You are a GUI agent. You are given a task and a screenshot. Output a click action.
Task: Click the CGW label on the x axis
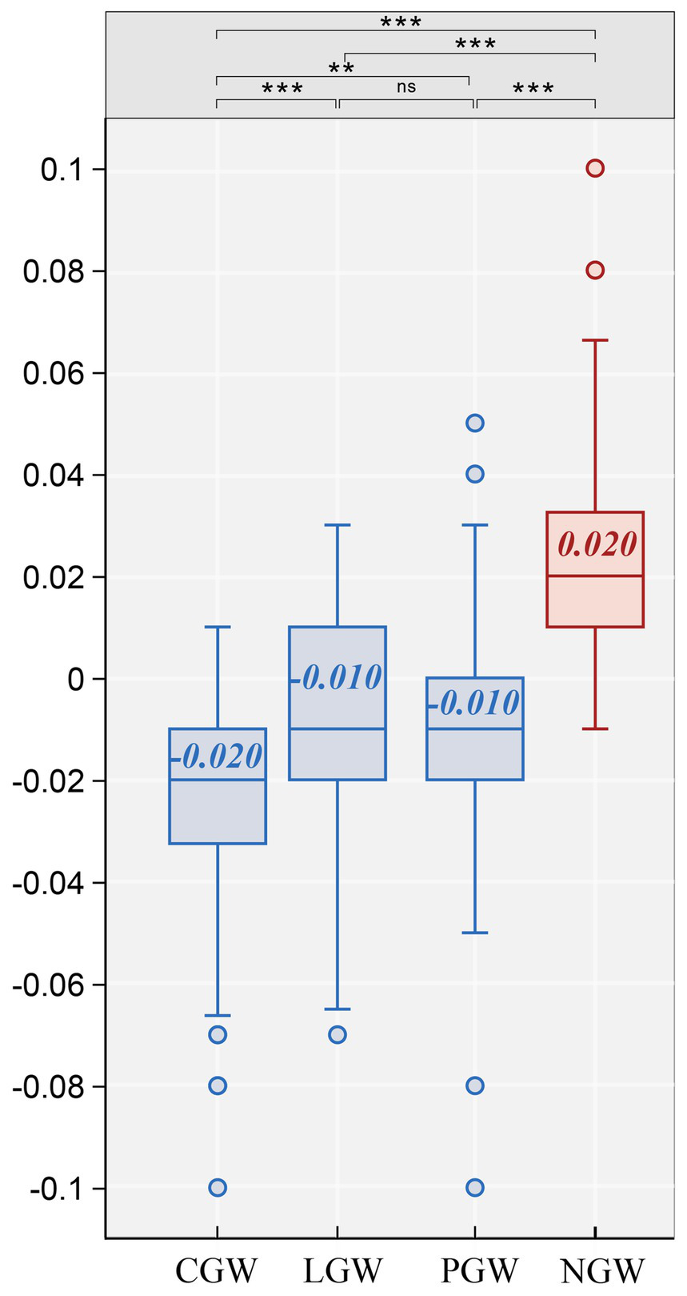coord(217,1270)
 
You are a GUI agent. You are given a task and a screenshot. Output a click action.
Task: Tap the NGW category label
coord(602,1270)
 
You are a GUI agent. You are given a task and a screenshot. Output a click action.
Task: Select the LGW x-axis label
coord(343,1270)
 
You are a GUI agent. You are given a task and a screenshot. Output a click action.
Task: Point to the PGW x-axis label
coord(480,1270)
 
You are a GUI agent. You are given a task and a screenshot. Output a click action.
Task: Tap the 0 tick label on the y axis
coord(76,680)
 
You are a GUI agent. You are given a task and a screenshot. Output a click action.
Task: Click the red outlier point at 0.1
coord(595,168)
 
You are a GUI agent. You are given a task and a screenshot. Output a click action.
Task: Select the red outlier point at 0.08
coord(595,271)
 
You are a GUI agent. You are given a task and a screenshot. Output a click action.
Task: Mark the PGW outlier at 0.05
coord(475,423)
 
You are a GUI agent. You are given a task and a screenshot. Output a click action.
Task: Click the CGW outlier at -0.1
coord(218,1187)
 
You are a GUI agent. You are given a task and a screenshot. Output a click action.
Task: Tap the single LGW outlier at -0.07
coord(338,1034)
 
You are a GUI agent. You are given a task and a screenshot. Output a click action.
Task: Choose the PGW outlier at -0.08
coord(475,1085)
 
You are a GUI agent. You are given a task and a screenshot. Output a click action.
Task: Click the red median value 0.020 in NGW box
coord(597,545)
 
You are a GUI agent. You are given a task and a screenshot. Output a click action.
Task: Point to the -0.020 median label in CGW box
coord(217,756)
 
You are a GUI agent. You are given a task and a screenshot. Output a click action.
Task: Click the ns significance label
coord(406,86)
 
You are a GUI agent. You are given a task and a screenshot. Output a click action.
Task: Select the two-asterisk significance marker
coord(342,67)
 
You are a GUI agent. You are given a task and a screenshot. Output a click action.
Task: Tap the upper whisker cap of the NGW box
coord(595,340)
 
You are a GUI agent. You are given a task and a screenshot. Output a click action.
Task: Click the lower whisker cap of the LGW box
coord(338,1009)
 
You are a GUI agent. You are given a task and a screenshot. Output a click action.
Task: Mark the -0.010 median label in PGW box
coord(474,704)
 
